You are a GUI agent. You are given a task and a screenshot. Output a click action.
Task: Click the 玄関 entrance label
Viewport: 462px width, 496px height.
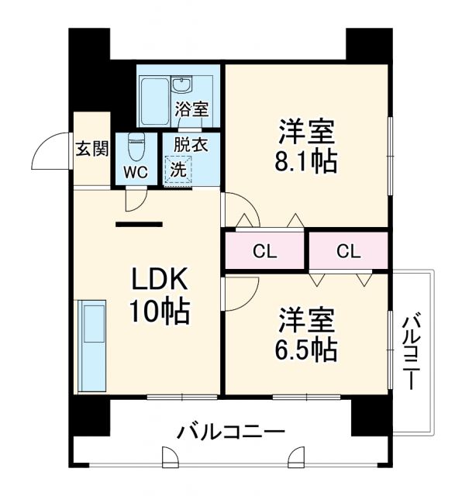click(x=91, y=150)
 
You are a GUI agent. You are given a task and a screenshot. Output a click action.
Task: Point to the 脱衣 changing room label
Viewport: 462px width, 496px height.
click(x=190, y=145)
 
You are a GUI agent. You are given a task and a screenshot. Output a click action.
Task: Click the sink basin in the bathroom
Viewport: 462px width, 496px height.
click(x=184, y=84)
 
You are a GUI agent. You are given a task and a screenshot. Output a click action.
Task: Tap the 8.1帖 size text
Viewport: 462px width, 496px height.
click(x=306, y=164)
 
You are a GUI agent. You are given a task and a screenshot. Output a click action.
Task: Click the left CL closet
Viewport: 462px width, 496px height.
click(x=264, y=251)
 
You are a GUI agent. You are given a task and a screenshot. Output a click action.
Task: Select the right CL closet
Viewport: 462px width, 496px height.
click(x=348, y=251)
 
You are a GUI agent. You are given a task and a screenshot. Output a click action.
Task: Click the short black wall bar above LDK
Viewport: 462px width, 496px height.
click(x=139, y=225)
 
